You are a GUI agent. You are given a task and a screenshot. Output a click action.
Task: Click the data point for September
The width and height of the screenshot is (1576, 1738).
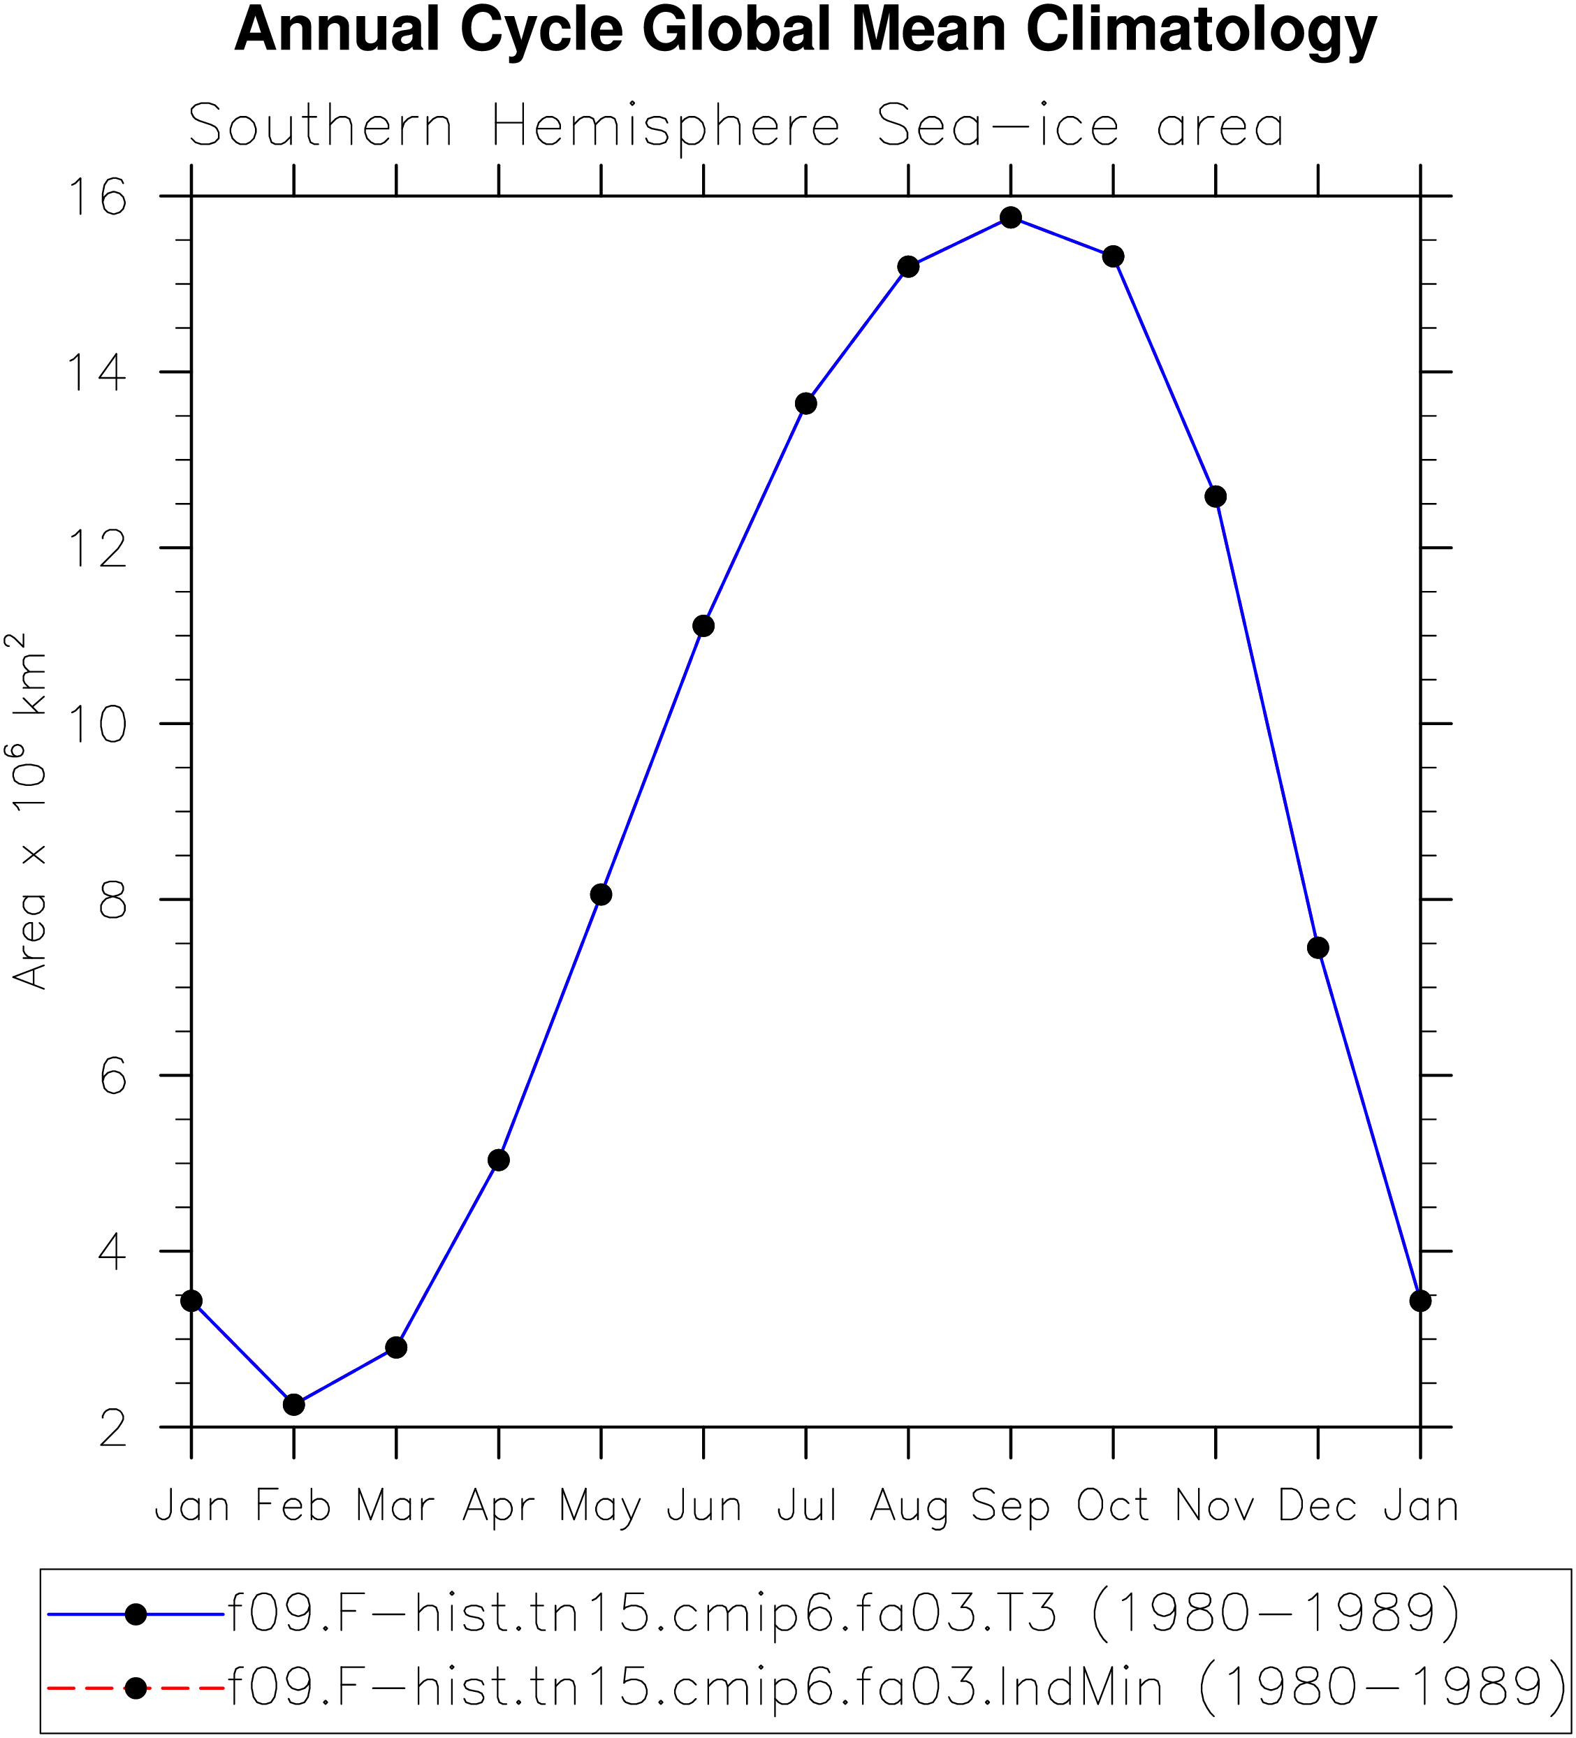1010,217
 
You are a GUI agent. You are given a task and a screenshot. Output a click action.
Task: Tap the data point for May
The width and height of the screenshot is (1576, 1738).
601,895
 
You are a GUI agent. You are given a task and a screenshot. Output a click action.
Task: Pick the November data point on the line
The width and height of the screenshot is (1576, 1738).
1216,497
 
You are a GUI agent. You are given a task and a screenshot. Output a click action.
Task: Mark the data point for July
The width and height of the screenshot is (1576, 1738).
806,404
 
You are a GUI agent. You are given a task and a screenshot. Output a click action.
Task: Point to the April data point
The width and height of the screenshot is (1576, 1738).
498,1160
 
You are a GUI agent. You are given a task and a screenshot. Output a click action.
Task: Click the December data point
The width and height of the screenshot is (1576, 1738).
1318,949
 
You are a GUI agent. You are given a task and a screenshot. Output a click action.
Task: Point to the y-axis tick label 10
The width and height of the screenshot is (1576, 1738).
97,724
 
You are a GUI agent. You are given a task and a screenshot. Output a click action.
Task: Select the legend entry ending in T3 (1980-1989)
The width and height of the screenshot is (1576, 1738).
843,1612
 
